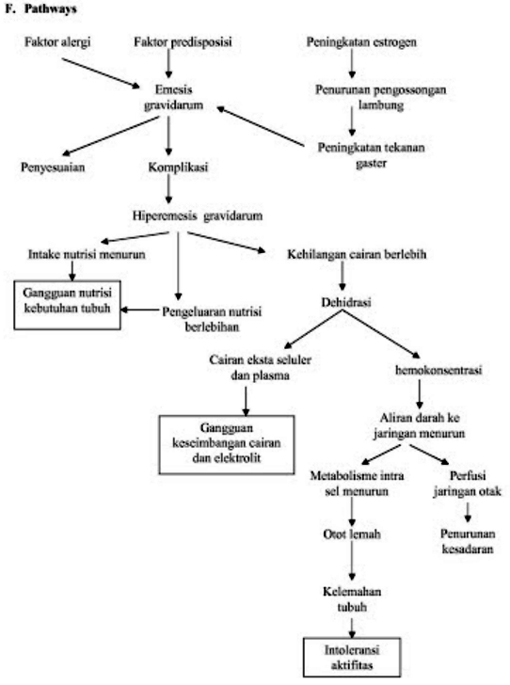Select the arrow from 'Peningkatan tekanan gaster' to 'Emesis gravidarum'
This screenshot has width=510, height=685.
263,128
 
